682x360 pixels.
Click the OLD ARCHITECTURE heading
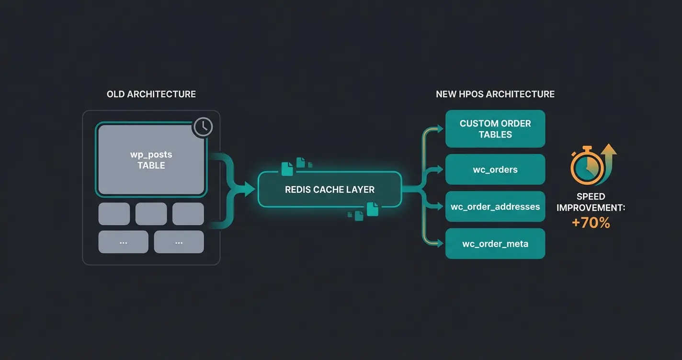pos(151,94)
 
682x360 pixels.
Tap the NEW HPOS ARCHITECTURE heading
pos(495,94)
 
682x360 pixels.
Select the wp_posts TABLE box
pos(151,160)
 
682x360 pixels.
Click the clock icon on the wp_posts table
pos(203,126)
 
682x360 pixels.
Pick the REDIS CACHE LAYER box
pos(330,190)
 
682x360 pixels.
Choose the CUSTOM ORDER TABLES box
pos(495,129)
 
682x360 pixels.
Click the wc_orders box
pos(495,169)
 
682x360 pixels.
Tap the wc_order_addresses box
pos(495,207)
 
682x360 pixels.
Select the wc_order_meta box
pos(495,244)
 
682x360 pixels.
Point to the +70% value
pos(591,223)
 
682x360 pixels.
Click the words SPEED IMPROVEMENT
pos(591,202)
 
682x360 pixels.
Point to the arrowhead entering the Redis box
pos(250,189)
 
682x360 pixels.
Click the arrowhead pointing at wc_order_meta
pos(441,244)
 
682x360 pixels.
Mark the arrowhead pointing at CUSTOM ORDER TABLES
pos(441,128)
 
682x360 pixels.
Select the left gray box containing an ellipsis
pos(123,242)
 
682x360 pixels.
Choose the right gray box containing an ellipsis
pos(179,242)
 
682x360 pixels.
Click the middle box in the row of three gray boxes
pos(151,214)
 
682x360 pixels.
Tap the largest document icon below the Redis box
pos(372,209)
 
